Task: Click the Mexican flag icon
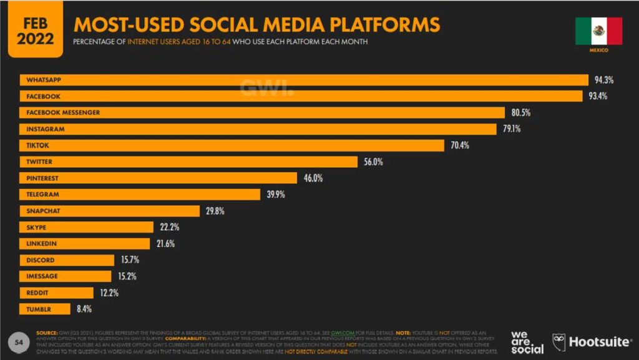pyautogui.click(x=598, y=31)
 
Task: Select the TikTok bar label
pyautogui.click(x=38, y=145)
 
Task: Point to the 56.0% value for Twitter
pyautogui.click(x=374, y=162)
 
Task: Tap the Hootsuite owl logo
pyautogui.click(x=560, y=342)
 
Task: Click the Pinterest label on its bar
pyautogui.click(x=42, y=178)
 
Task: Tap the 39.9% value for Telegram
pyautogui.click(x=276, y=195)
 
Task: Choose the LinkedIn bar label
pyautogui.click(x=41, y=243)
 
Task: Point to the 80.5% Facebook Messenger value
pyautogui.click(x=521, y=112)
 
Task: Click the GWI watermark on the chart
pyautogui.click(x=266, y=89)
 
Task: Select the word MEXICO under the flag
pyautogui.click(x=598, y=50)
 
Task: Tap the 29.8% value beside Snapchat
pyautogui.click(x=215, y=211)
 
